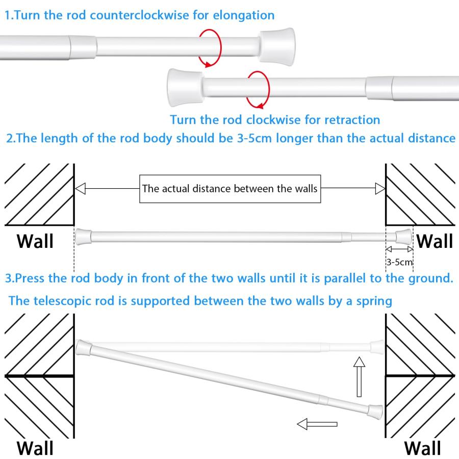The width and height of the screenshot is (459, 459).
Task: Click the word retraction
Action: click(x=351, y=120)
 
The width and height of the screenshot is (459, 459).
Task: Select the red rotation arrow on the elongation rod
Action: click(x=210, y=48)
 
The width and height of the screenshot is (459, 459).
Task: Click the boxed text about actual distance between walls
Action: click(x=230, y=189)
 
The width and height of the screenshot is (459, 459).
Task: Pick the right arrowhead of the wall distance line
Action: click(x=380, y=189)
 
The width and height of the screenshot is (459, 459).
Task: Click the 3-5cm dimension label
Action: click(x=399, y=262)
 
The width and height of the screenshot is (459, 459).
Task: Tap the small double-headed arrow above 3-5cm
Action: click(x=399, y=249)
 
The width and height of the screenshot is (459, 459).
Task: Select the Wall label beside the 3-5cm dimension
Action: click(x=435, y=241)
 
